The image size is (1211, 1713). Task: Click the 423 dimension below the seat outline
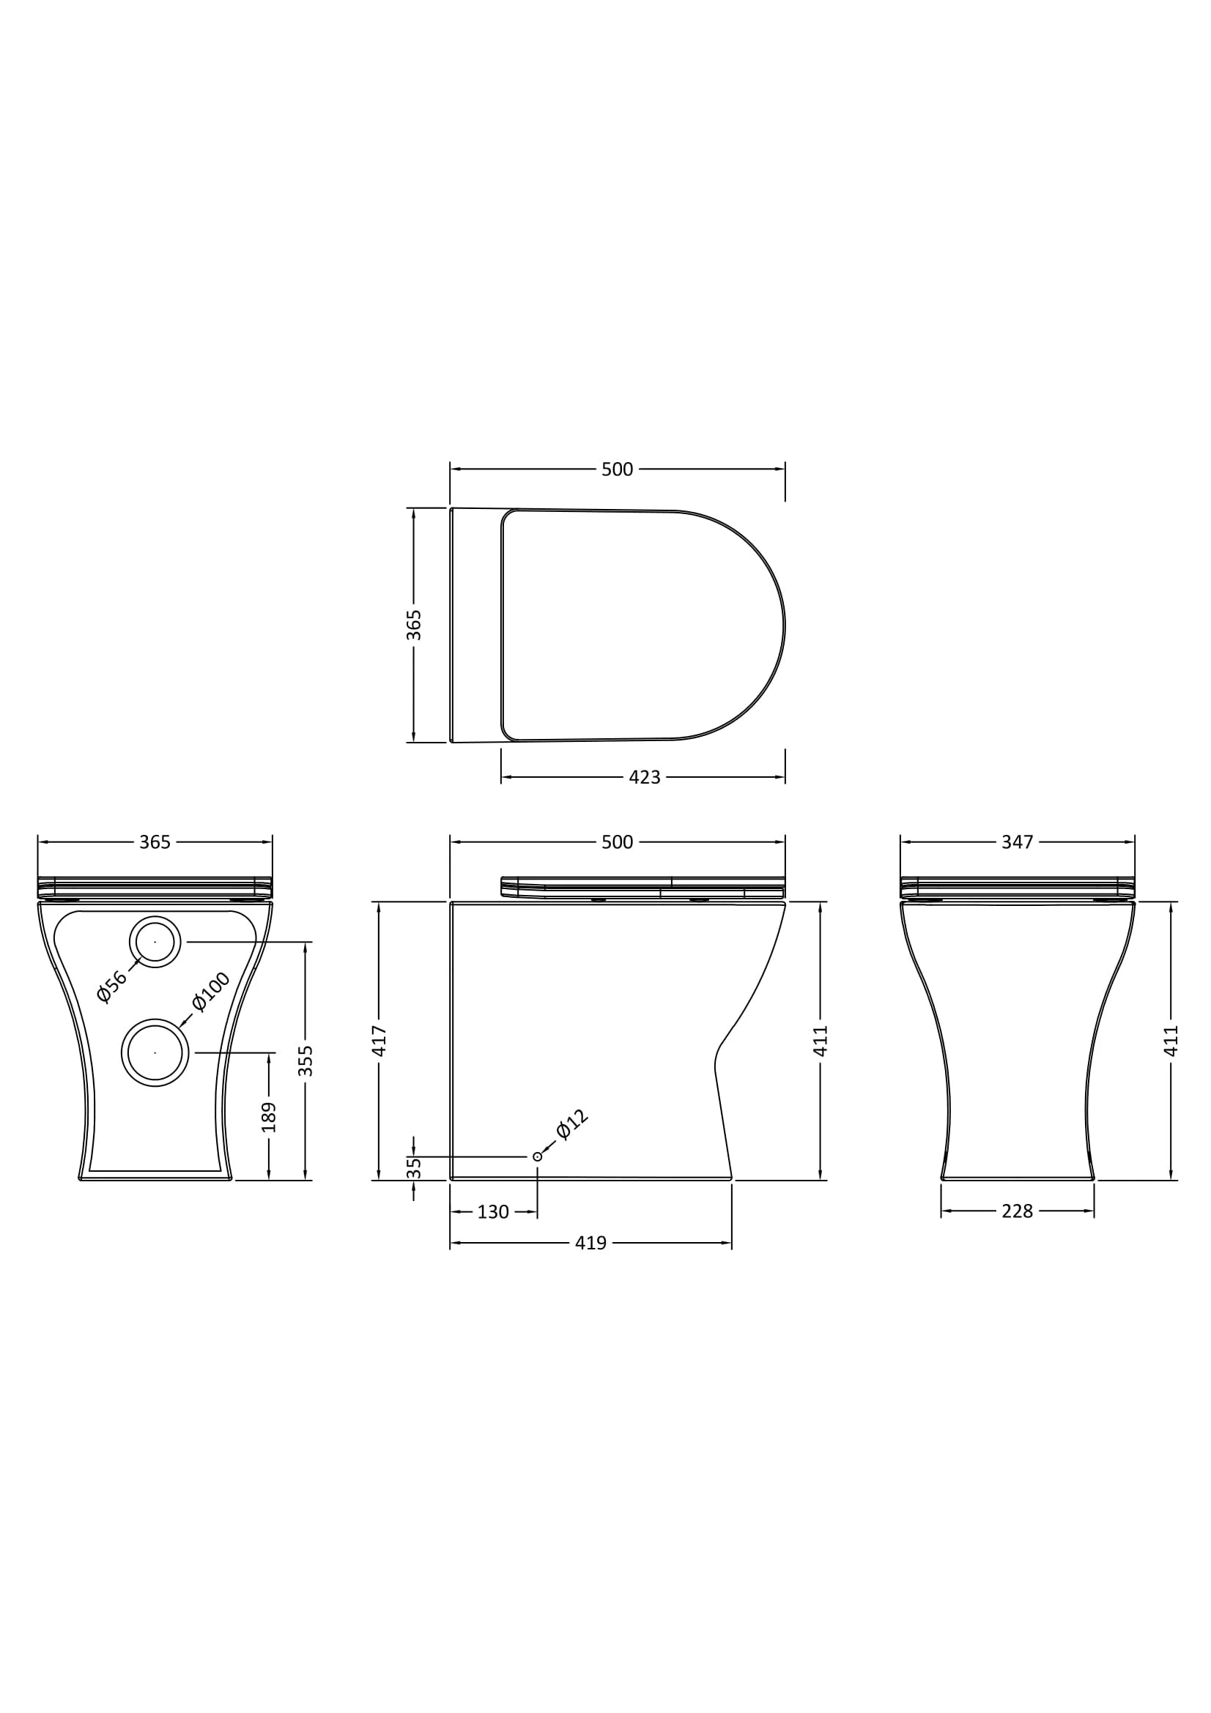[644, 778]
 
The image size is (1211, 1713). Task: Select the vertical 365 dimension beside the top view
[414, 625]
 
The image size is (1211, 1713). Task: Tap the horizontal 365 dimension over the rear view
[155, 842]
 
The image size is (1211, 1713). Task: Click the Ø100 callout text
[210, 992]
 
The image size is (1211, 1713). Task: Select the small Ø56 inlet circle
[155, 943]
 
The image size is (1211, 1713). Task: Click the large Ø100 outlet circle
[155, 1052]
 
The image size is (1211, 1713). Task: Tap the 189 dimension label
[270, 1117]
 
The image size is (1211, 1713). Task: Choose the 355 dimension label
[306, 1060]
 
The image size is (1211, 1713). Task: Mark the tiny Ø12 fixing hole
[537, 1157]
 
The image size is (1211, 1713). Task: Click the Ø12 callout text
[572, 1125]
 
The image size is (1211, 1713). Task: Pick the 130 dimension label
[492, 1212]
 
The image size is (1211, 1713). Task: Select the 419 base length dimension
[590, 1244]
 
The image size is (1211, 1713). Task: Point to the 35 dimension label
[414, 1167]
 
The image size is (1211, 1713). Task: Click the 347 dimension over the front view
[1017, 842]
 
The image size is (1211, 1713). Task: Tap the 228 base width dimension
[1017, 1211]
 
